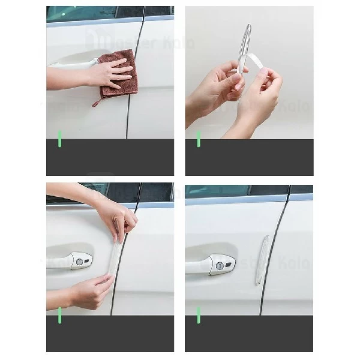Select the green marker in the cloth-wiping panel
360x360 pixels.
pyautogui.click(x=59, y=138)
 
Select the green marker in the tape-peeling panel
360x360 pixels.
pyautogui.click(x=199, y=139)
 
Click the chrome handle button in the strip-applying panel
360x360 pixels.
pyautogui.click(x=83, y=260)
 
